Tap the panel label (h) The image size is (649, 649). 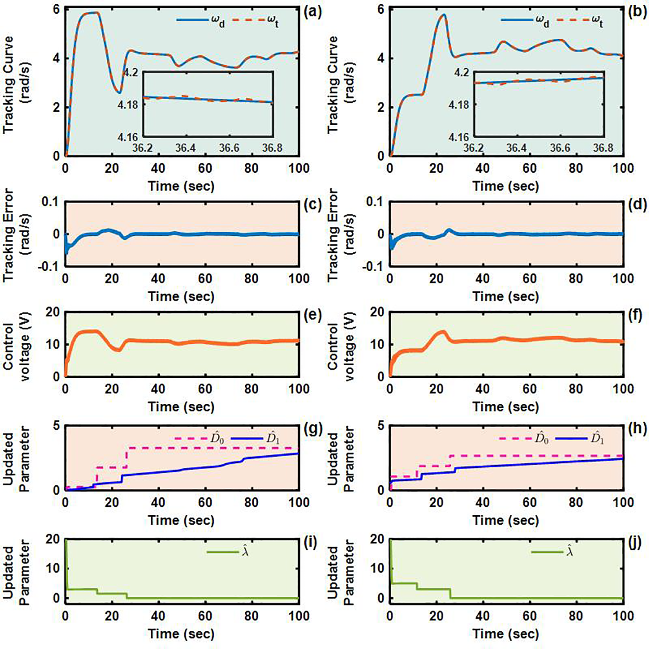637,428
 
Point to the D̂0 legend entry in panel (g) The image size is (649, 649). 199,438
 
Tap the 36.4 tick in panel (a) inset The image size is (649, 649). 185,148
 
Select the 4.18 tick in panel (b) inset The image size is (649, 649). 459,105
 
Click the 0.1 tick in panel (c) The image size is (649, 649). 50,202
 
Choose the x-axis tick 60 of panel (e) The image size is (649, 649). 205,389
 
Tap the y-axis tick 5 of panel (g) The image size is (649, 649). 56,426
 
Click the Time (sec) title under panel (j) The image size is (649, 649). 505,634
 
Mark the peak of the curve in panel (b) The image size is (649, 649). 443,15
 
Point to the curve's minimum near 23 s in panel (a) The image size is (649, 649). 119,93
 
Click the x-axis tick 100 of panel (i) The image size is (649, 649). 299,616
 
